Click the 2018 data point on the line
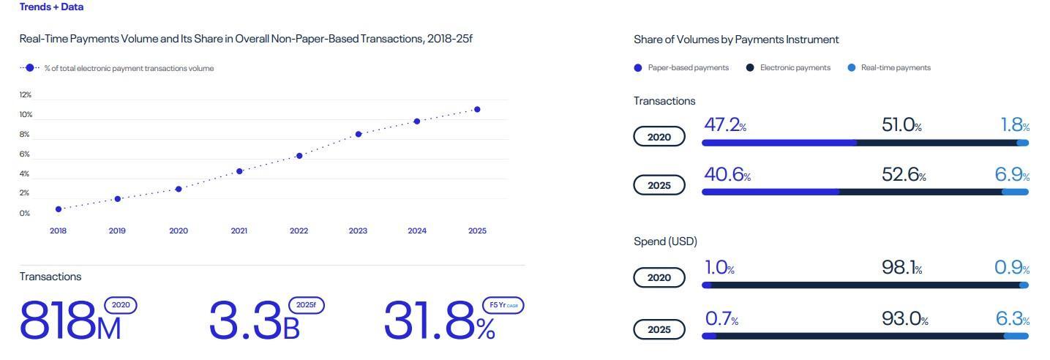59,209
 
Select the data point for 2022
299,156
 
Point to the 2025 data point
477,110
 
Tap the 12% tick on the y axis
26,95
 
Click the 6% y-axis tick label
25,154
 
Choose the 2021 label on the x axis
239,231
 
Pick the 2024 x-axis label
417,231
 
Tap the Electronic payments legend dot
750,68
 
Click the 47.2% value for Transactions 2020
725,125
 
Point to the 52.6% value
904,175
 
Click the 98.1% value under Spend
902,269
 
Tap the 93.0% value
905,319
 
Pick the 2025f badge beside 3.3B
307,305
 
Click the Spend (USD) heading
665,241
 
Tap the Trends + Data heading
51,7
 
